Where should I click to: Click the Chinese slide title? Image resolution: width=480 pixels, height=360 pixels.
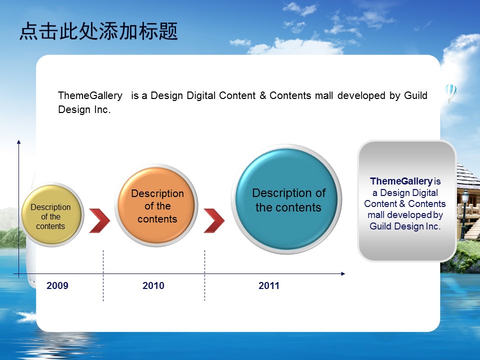[98, 31]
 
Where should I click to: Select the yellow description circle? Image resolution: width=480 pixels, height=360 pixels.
[51, 215]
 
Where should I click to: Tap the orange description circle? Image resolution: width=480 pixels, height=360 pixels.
[156, 205]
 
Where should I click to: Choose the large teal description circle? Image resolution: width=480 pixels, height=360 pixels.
[287, 199]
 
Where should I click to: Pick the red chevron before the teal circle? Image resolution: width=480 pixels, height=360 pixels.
[214, 220]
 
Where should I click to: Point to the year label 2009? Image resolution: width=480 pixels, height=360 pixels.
[57, 285]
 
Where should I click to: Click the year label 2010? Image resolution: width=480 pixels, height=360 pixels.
[153, 285]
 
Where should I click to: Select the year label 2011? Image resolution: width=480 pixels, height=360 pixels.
[269, 285]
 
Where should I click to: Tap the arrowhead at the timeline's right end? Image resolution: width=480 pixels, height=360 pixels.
[343, 273]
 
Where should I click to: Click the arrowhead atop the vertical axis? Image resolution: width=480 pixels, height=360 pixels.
[18, 142]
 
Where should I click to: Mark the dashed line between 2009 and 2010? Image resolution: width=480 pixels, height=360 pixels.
[103, 275]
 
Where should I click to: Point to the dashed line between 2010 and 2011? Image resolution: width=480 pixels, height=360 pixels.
[204, 275]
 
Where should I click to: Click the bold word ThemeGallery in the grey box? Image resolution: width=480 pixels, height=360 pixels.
[401, 181]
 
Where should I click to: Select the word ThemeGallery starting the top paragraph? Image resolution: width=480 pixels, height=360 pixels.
[90, 95]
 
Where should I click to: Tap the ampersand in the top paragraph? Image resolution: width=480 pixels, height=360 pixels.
[263, 95]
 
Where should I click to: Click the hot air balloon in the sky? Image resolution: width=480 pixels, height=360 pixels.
[451, 93]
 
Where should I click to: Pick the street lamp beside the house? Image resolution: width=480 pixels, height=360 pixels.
[464, 214]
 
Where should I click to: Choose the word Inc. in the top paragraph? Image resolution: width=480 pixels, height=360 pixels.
[102, 109]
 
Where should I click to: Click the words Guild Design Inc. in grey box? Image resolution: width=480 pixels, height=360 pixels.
[405, 226]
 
